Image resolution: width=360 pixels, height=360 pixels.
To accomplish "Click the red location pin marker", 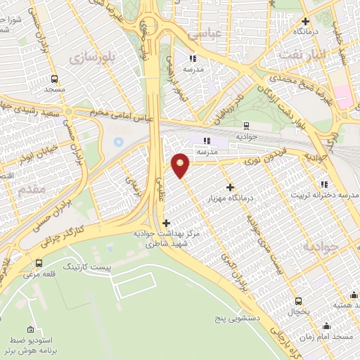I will [x=181, y=165].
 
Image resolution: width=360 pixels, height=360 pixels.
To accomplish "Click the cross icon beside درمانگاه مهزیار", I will [x=230, y=187].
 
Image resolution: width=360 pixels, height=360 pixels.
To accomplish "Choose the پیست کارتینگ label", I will [x=88, y=268].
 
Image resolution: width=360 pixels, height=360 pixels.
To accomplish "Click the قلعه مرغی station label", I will [x=41, y=275].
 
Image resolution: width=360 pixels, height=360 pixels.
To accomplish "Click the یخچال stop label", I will [x=297, y=311].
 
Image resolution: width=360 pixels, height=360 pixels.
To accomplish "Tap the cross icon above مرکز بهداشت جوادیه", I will [x=166, y=224].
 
